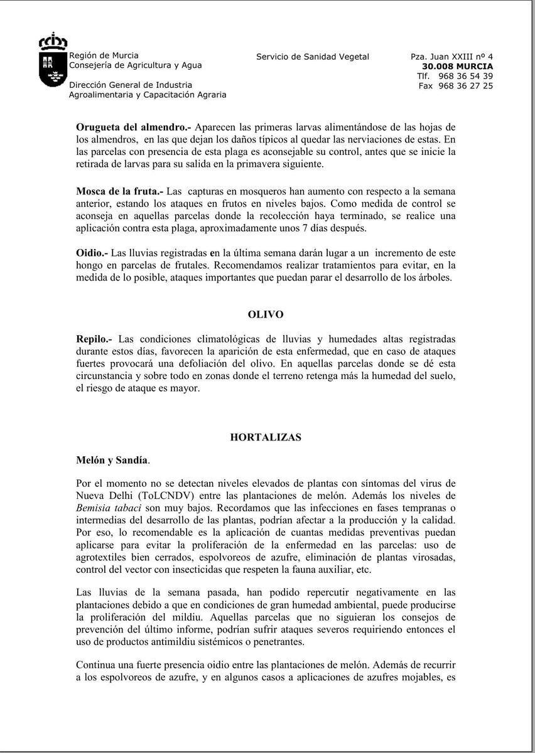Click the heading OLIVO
tap(266, 314)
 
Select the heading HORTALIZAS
tap(266, 437)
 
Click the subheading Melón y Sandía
tap(112, 460)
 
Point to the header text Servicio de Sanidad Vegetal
tap(313, 57)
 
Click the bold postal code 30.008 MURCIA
tap(457, 67)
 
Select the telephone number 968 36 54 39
tap(465, 76)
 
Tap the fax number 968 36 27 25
tap(465, 86)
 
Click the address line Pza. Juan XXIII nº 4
tap(451, 57)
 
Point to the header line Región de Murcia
tap(104, 55)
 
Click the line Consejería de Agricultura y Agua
tap(136, 65)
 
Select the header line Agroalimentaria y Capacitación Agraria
tap(148, 95)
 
